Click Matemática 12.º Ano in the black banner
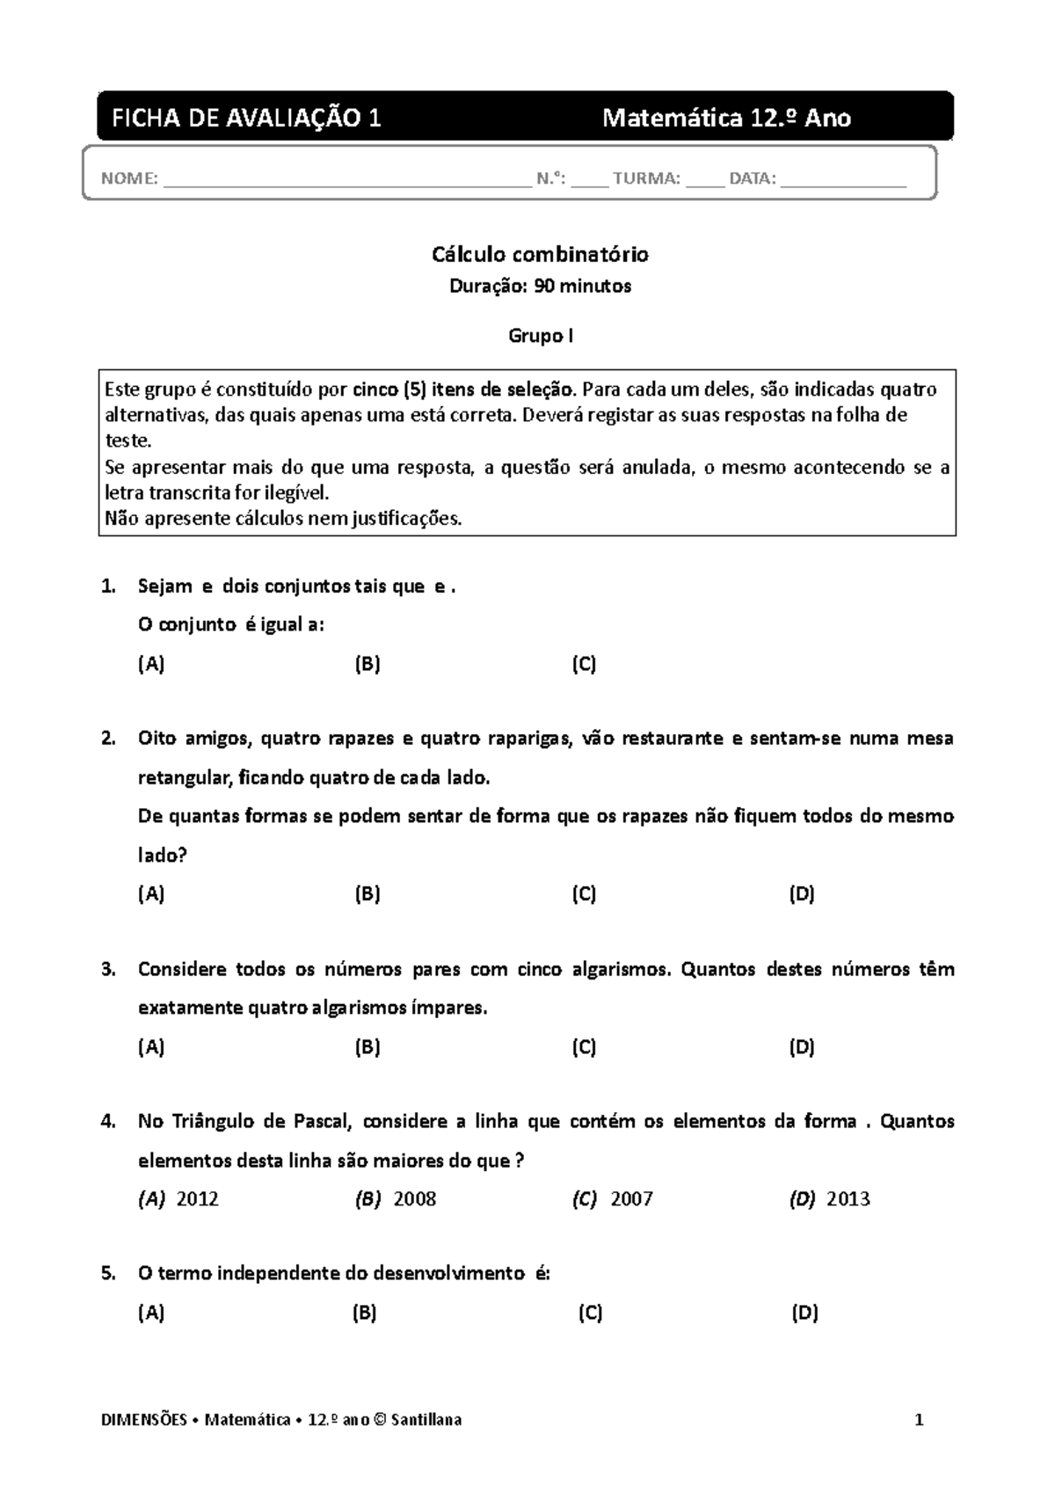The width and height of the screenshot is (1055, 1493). point(726,118)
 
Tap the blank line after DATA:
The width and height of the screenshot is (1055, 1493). point(842,181)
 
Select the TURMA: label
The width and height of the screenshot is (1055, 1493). point(646,179)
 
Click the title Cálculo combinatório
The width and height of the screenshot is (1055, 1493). point(540,255)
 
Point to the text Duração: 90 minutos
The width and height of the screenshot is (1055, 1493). point(540,287)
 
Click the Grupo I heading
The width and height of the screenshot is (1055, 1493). point(541,336)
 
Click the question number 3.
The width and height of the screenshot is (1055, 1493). point(108,970)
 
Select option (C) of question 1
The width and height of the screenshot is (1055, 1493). point(584,665)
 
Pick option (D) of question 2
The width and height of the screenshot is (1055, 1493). point(802,895)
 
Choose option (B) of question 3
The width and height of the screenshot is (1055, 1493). point(367,1047)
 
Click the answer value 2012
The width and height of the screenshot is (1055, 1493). point(198,1199)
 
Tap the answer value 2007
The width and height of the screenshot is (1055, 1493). point(631,1199)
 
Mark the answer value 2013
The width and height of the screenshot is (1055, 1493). point(848,1199)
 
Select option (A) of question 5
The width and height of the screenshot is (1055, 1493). point(151,1314)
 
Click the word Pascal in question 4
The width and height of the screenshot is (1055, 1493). point(323,1122)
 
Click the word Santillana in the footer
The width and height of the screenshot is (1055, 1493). point(426,1420)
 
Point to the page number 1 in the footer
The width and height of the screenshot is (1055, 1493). point(919,1420)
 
